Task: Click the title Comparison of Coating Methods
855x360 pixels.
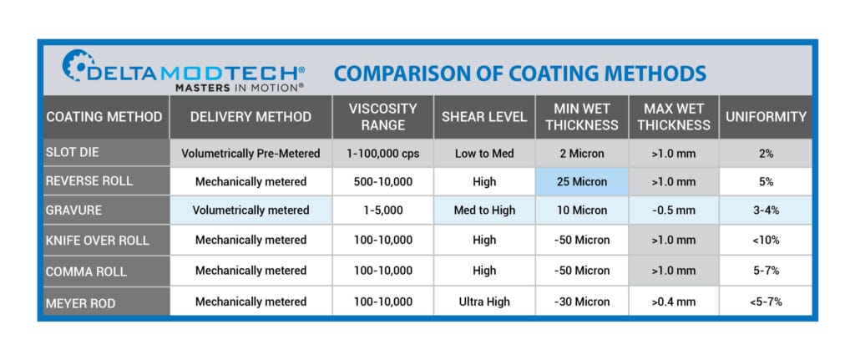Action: pos(519,73)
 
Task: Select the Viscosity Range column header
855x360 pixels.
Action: pos(382,117)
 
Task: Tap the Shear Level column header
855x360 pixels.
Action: pos(483,117)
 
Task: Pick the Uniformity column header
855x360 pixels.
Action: pos(766,117)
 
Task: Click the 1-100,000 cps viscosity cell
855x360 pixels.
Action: pos(382,153)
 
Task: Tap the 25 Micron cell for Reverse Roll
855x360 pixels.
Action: pos(582,181)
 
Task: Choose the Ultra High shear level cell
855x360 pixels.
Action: pos(483,301)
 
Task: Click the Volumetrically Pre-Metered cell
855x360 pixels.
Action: pos(250,153)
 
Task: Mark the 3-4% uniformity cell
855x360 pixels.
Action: pos(766,210)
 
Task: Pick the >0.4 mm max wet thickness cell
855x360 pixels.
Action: pos(674,301)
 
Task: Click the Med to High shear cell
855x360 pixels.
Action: pos(483,210)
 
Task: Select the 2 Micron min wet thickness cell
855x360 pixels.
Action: pos(582,153)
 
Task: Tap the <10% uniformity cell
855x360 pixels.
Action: pos(766,241)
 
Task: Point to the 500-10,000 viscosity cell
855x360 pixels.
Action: pos(382,181)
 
